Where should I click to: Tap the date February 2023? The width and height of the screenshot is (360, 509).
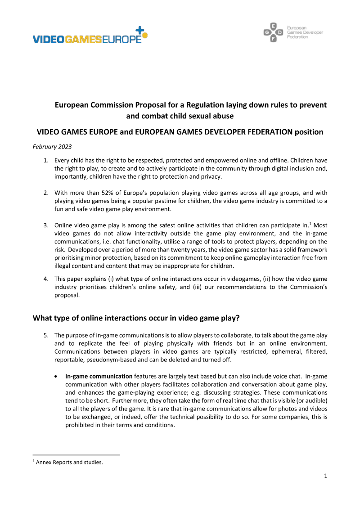coord(52,147)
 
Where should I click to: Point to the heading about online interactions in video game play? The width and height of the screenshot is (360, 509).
coord(136,318)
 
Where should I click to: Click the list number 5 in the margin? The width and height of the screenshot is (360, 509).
coord(45,335)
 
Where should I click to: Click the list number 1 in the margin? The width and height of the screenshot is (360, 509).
coord(45,161)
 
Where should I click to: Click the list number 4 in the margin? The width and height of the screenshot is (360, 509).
coord(45,279)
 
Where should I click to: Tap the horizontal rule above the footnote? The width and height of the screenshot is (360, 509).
coord(76,455)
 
